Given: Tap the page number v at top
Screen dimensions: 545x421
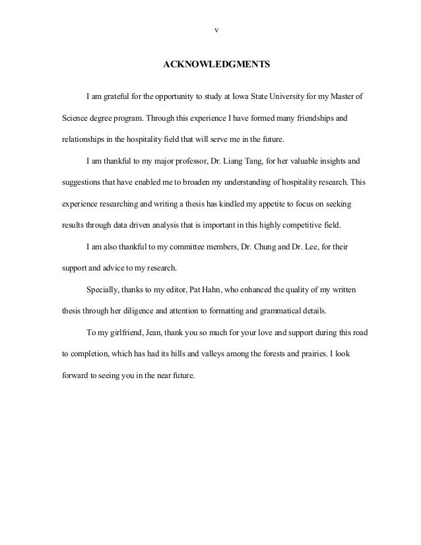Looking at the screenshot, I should (217, 30).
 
